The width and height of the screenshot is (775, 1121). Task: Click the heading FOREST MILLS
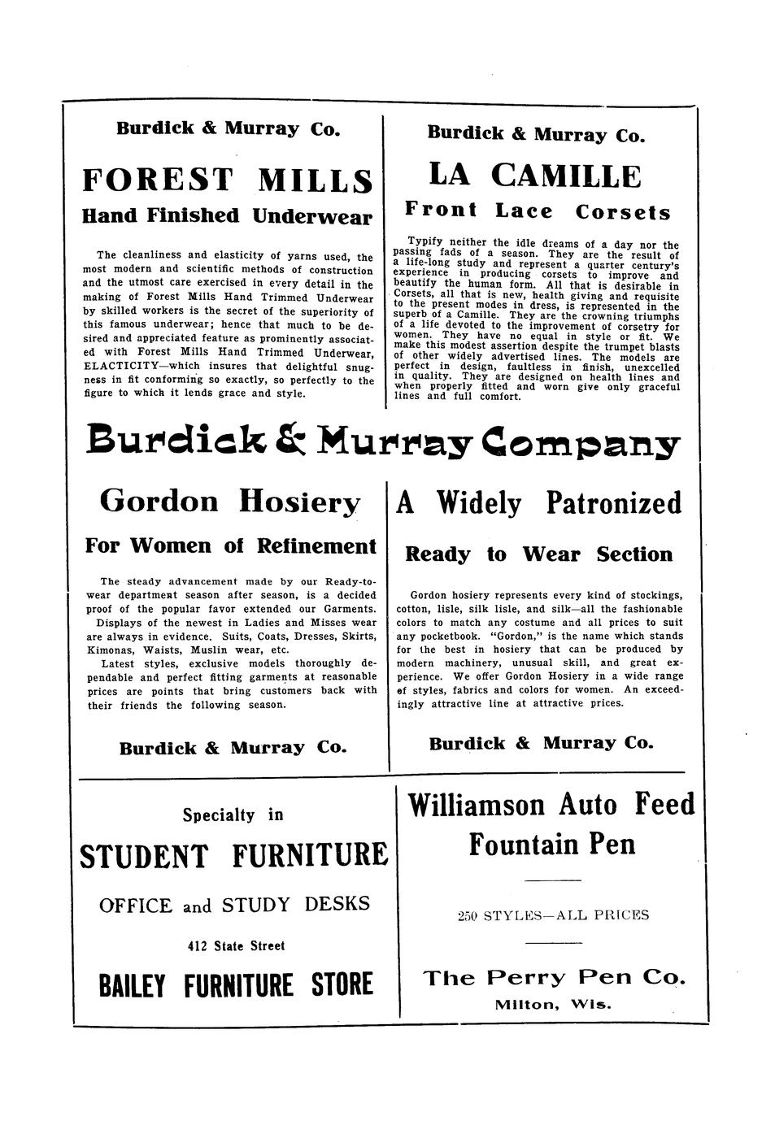pyautogui.click(x=228, y=180)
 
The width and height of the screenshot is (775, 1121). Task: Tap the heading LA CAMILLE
pyautogui.click(x=534, y=176)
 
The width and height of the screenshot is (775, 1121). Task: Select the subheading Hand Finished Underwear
pyautogui.click(x=228, y=216)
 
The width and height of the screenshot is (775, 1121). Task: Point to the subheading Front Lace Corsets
pyautogui.click(x=538, y=212)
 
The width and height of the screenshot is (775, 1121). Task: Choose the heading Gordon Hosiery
pyautogui.click(x=229, y=502)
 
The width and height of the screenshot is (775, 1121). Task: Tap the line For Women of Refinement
pyautogui.click(x=230, y=545)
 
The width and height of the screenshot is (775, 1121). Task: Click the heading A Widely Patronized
pyautogui.click(x=538, y=504)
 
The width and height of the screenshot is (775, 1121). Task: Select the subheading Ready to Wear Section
pyautogui.click(x=539, y=554)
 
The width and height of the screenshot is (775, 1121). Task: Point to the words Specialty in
pyautogui.click(x=233, y=815)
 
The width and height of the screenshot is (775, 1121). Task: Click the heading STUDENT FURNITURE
pyautogui.click(x=233, y=856)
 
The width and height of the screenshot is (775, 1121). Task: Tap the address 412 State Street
pyautogui.click(x=236, y=946)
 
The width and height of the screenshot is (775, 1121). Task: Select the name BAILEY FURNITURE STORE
pyautogui.click(x=235, y=985)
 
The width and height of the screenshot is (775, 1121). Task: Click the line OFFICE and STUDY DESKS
pyautogui.click(x=234, y=905)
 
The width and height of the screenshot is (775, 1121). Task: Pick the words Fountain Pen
pyautogui.click(x=551, y=845)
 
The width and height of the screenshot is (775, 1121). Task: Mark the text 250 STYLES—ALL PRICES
pyautogui.click(x=553, y=915)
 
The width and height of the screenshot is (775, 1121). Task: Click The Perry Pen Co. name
pyautogui.click(x=554, y=977)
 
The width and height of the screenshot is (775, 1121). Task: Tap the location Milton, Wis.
pyautogui.click(x=553, y=1004)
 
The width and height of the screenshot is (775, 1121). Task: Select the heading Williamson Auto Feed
pyautogui.click(x=551, y=805)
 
